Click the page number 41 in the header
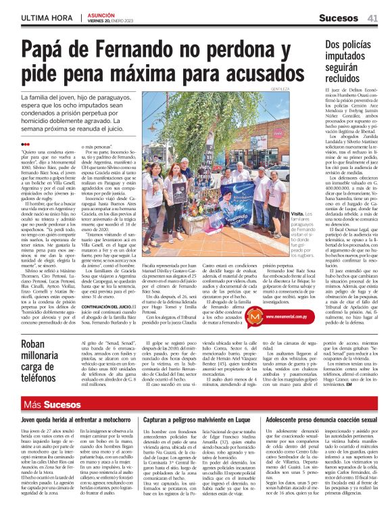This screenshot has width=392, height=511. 372,18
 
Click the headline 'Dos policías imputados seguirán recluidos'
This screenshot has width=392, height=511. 351,60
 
